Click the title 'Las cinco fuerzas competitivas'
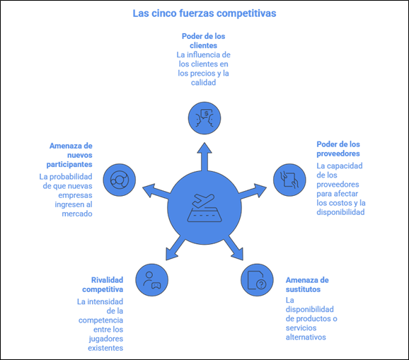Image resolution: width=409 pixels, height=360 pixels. point(204,13)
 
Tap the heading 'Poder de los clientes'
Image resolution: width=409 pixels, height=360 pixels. point(204,40)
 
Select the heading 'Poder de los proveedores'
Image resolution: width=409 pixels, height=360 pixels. point(338,149)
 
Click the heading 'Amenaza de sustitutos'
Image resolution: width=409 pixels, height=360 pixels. point(307,284)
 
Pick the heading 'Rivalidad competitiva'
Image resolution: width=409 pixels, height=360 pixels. point(103,284)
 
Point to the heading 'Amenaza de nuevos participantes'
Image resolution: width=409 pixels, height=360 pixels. point(69,155)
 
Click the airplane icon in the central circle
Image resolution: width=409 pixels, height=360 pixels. point(204,208)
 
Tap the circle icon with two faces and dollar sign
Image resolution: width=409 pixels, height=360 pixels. point(204,118)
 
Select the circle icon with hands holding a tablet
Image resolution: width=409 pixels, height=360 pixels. point(289,180)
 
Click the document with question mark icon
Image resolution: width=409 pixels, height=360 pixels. point(257,280)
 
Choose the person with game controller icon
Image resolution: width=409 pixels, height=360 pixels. point(152,280)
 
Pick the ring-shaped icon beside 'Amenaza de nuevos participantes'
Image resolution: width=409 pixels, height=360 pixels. point(120,180)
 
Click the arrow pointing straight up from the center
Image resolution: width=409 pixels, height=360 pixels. point(204,157)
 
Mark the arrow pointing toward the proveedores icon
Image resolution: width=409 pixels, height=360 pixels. point(253,191)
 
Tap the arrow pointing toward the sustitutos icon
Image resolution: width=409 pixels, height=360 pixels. point(234,248)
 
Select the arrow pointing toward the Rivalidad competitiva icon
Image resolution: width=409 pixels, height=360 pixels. point(175,248)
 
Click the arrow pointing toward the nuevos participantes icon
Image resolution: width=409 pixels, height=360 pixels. point(156,191)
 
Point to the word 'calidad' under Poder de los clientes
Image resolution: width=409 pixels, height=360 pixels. point(204,83)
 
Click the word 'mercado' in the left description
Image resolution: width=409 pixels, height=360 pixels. point(77,214)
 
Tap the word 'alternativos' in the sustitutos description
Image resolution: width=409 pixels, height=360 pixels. point(306,337)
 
